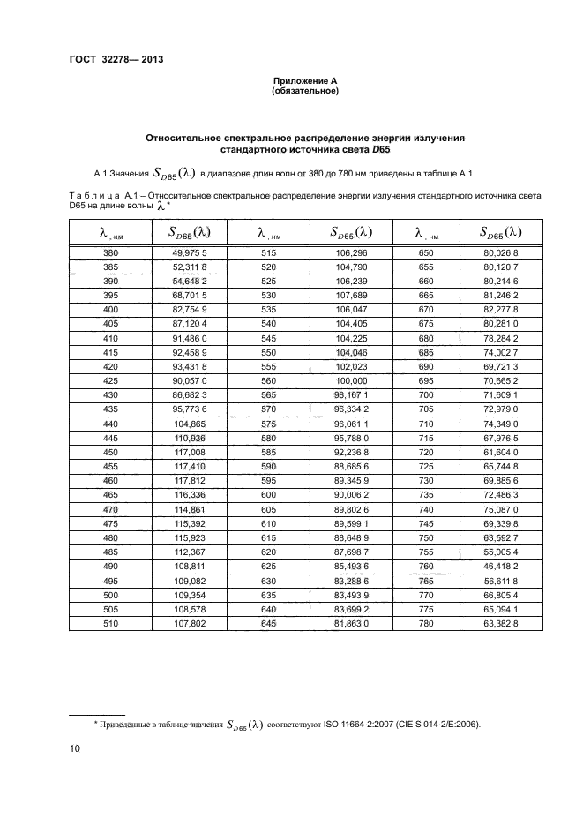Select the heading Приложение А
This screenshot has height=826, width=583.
tap(305, 81)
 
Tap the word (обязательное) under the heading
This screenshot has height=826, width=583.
tap(305, 91)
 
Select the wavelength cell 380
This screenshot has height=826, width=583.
tap(109, 252)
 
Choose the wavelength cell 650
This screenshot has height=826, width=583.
tap(422, 252)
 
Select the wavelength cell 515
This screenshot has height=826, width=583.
tap(266, 252)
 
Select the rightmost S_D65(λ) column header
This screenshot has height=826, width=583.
tap(500, 233)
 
